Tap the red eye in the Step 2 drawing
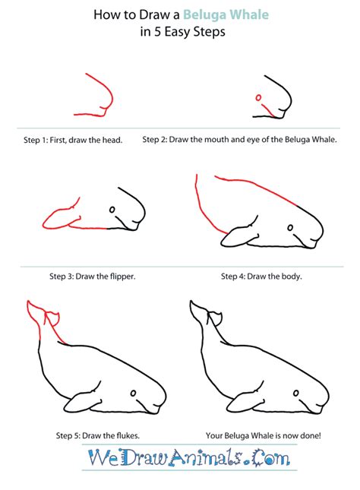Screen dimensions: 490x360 [x=258, y=97]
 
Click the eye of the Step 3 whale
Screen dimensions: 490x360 [x=112, y=210]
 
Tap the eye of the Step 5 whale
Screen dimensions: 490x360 [x=134, y=394]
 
